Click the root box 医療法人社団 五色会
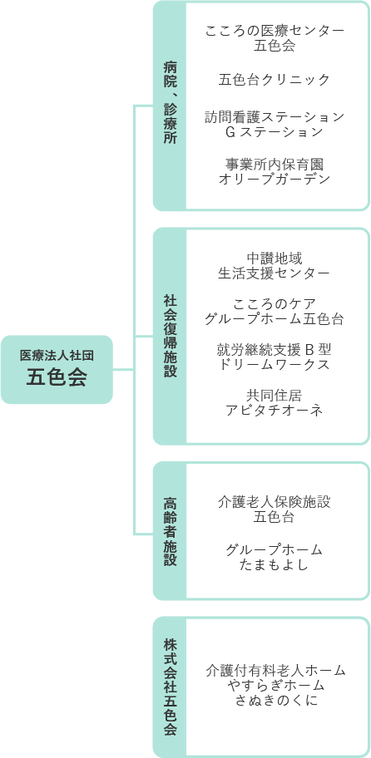tap(57, 370)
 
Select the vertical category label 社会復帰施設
tap(170, 337)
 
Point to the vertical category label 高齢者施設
tap(170, 532)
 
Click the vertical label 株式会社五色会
tap(170, 687)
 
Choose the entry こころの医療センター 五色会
tap(275, 38)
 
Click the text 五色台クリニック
tap(275, 79)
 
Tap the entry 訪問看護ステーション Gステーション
tap(275, 124)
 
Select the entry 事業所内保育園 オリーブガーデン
tap(275, 171)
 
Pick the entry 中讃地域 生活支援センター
tap(275, 265)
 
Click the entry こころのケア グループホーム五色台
tap(275, 313)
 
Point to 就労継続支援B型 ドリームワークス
tap(275, 357)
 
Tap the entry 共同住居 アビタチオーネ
tap(275, 403)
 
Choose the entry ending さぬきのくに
tap(275, 686)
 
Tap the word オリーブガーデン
tap(275, 179)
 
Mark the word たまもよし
tap(275, 564)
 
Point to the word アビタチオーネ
tap(275, 411)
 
